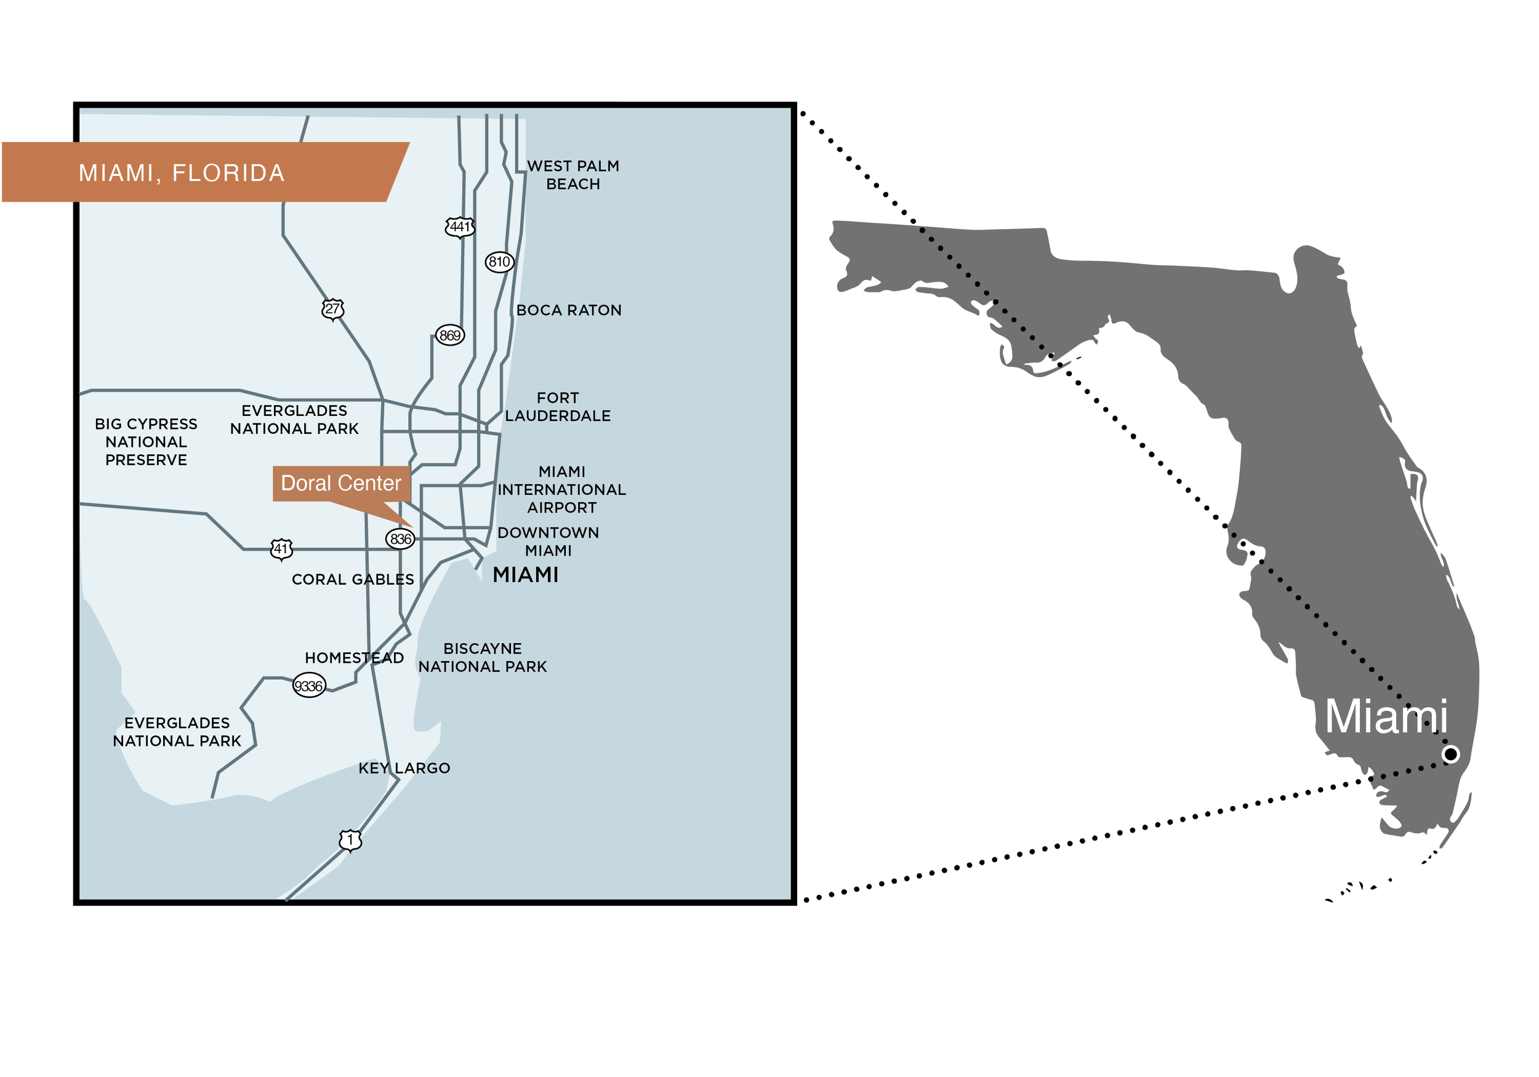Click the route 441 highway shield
460,227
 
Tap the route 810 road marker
499,262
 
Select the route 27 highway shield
332,309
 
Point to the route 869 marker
450,335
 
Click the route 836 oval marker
400,539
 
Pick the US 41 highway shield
281,549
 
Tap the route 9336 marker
309,686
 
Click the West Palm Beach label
573,175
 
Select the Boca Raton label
569,310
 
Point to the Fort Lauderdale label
558,407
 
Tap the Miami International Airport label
561,490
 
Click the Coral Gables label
353,580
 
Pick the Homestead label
354,658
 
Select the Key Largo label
404,769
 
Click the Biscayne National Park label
483,658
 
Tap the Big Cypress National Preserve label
146,442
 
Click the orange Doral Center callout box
341,483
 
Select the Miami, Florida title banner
201,172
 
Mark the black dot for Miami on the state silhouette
1450,755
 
